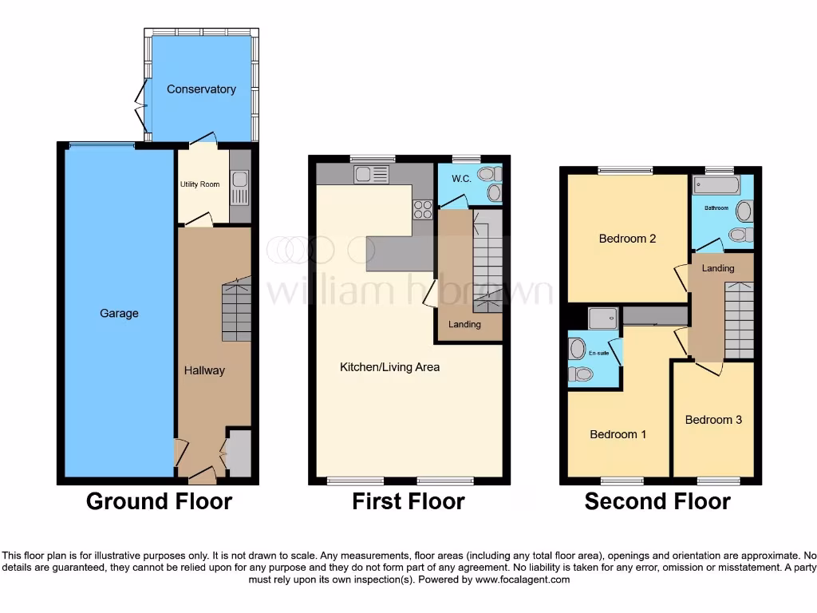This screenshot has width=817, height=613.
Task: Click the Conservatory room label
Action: coord(201,89)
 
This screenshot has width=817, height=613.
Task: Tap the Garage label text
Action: coord(119,314)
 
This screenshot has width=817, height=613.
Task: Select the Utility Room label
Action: coord(199,184)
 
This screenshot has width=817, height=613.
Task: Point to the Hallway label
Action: coord(204,370)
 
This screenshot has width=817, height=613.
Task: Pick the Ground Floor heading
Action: coord(159,501)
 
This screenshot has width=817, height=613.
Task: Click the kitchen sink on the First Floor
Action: coord(372,174)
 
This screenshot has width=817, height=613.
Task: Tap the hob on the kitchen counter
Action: coord(421,209)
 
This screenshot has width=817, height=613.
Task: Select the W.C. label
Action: coord(463,178)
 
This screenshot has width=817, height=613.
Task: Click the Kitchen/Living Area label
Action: coord(389,367)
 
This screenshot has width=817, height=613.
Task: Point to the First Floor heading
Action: coord(408,501)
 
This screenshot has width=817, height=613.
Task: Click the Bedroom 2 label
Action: coord(627,239)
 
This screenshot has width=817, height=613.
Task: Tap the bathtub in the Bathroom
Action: coord(716,185)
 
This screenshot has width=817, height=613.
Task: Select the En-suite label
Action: coord(598,353)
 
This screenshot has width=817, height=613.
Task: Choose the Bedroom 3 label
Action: coord(713,420)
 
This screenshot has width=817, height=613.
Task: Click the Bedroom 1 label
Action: coord(618,435)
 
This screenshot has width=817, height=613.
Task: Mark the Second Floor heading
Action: coord(657,501)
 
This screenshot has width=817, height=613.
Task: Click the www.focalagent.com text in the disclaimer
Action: coord(522,579)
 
